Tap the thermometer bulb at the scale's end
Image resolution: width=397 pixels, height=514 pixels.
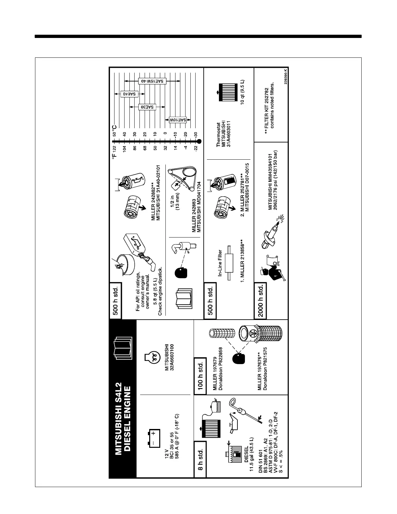tap(199, 141)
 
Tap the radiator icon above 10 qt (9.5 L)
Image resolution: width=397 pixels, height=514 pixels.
tap(223, 89)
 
